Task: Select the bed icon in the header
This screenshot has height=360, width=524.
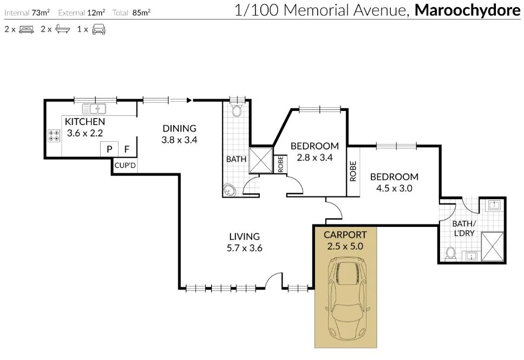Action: click(x=27, y=30)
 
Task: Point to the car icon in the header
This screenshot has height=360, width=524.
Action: click(x=99, y=30)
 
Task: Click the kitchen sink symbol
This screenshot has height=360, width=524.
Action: click(x=94, y=108)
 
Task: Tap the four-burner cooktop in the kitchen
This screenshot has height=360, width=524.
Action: click(x=54, y=135)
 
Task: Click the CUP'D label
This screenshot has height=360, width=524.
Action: click(x=125, y=166)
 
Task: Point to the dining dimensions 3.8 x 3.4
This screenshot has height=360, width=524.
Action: click(x=179, y=140)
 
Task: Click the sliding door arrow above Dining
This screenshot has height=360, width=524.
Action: click(x=188, y=100)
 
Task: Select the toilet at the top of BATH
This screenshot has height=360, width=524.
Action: click(x=237, y=110)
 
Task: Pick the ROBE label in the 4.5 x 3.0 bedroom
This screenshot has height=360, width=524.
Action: click(x=353, y=171)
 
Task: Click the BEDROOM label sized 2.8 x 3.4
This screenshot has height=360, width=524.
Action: click(x=315, y=146)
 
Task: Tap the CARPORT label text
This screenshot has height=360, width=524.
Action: click(x=345, y=235)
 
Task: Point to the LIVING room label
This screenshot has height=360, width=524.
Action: click(x=244, y=237)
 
